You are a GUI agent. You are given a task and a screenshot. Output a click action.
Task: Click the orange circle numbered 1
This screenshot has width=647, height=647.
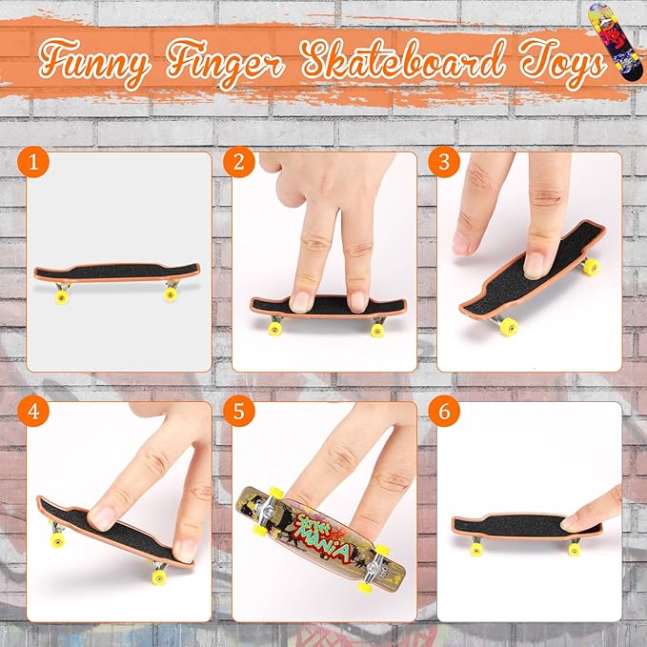33,162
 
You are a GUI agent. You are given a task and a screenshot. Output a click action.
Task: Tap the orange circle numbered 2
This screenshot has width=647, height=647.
239,162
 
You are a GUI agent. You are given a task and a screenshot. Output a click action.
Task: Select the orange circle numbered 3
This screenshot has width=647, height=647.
444,162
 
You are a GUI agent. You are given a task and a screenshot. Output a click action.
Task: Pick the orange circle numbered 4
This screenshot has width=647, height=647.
33,412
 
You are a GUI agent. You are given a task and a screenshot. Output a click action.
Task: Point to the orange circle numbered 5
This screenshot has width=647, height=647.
239,412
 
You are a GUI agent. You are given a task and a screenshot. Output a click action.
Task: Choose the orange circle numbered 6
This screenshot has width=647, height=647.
444,412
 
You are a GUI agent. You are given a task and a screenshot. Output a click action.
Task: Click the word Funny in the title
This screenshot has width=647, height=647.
94,62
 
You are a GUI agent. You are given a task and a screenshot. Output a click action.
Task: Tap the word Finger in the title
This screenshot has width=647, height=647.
226,62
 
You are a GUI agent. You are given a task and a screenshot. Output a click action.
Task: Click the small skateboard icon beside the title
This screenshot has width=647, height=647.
616,41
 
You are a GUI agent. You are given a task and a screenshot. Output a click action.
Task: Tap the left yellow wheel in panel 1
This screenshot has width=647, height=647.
62,296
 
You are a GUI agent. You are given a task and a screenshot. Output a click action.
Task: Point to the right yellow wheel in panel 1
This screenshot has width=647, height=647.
171,293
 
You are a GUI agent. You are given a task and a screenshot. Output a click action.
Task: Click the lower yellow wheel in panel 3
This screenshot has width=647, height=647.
509,327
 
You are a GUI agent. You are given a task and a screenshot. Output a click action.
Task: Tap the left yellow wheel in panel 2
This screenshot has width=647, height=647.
275,329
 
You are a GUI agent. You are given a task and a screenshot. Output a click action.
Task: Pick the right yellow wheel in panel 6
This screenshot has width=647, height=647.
574,549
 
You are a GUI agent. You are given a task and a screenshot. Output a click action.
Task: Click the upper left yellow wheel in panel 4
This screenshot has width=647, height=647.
58,540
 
